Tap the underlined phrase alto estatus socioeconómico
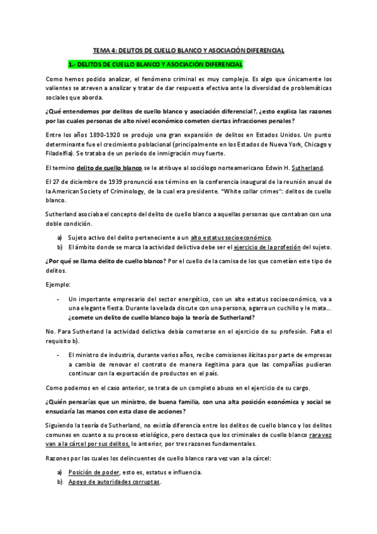pyautogui.click(x=232, y=237)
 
